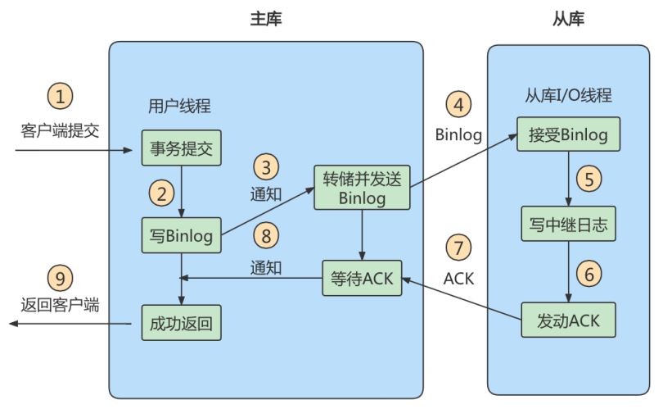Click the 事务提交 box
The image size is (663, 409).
pos(182,148)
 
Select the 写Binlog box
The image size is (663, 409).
pos(182,235)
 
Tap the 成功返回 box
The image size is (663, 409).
pos(182,323)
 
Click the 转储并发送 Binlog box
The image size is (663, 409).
pos(362,188)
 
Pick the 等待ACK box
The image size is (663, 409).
pos(362,278)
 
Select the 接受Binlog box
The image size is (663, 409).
pos(568,134)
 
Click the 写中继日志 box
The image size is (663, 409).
pos(568,224)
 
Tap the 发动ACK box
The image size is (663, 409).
pos(568,320)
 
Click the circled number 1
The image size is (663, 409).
pos(60,96)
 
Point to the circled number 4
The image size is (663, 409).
pos(458,104)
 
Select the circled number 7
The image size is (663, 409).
pos(458,248)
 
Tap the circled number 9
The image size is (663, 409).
pos(60,278)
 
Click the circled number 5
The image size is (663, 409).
pos(589,179)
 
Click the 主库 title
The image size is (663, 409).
pos(266,19)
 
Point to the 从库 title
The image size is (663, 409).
pos(568,19)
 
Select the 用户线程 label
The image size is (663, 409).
pos(179,106)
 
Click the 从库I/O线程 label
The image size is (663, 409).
pos(568,95)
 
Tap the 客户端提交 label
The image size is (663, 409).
pos(60,130)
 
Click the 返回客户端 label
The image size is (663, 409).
pos(60,305)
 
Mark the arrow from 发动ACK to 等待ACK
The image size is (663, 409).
pos(462,299)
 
